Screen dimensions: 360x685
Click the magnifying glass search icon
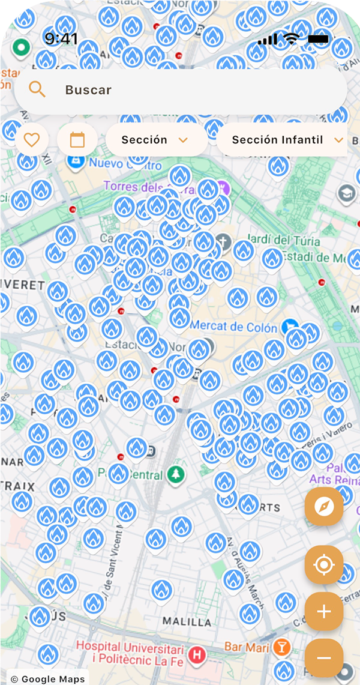[37, 90]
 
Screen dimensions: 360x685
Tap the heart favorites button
[31, 140]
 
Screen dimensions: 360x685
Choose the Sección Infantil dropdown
[282, 140]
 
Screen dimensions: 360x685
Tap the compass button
[324, 506]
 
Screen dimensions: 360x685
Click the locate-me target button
[324, 565]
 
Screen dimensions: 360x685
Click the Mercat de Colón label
[234, 328]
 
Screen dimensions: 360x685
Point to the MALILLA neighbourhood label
[187, 621]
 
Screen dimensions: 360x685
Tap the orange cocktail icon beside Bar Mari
[282, 647]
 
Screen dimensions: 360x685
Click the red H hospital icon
[196, 656]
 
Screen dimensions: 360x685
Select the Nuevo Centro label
[125, 163]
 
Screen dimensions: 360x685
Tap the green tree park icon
[176, 474]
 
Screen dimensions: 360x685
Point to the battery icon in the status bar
[319, 40]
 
